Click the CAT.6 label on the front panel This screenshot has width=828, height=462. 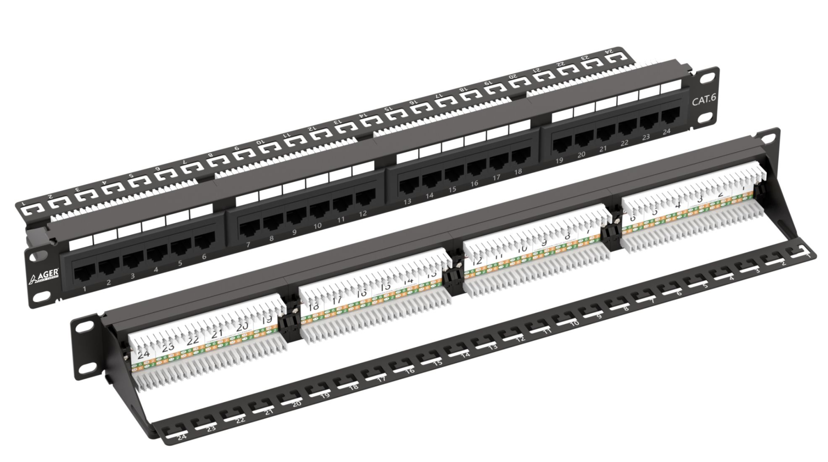click(x=703, y=100)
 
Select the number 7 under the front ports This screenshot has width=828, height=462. click(x=248, y=245)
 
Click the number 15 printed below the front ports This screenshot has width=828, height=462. click(x=452, y=189)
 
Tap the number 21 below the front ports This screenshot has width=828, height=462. click(x=603, y=149)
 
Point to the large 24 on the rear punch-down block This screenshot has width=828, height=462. click(x=143, y=354)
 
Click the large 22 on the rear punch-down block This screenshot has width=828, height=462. click(x=193, y=341)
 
